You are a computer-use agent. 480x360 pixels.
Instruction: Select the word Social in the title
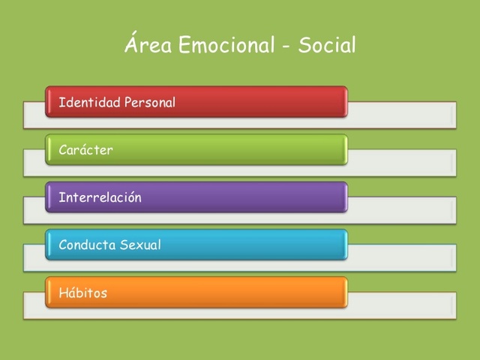[x=327, y=45]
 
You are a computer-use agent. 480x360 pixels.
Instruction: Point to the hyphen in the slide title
[x=287, y=46]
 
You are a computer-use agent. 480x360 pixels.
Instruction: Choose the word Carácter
[x=85, y=150]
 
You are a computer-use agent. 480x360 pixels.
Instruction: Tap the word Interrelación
[x=100, y=198]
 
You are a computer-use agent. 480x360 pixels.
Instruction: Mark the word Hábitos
[x=82, y=293]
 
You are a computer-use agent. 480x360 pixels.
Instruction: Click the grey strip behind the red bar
[x=401, y=115]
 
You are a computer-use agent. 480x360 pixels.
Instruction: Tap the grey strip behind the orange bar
[x=401, y=306]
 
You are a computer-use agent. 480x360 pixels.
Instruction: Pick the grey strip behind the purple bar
[x=401, y=211]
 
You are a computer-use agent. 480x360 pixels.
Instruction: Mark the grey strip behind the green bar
[x=401, y=163]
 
